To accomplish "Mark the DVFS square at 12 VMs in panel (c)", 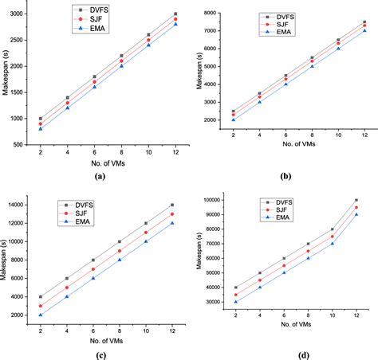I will point(172,205).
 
